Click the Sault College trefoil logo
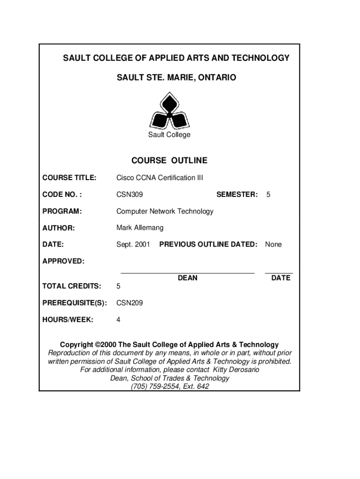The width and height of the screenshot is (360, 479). click(169, 111)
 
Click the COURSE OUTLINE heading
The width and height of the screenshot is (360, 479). click(169, 160)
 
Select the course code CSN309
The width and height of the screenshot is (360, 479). click(130, 194)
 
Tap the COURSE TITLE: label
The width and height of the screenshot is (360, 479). click(69, 178)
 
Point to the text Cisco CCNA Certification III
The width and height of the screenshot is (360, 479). click(159, 178)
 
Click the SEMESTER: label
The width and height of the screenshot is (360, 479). click(237, 194)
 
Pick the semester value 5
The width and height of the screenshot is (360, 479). click(268, 194)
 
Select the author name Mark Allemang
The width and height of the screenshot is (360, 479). click(140, 228)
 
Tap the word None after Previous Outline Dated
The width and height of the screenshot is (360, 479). click(274, 244)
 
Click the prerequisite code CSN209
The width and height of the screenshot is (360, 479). click(130, 303)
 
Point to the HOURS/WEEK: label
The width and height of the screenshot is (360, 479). click(68, 319)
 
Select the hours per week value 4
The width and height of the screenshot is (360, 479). click(118, 319)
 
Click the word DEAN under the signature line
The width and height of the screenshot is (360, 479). click(187, 278)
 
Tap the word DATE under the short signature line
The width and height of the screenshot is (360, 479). click(281, 278)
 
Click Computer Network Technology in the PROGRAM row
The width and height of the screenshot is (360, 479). click(165, 211)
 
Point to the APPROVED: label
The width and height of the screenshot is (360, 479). click(64, 261)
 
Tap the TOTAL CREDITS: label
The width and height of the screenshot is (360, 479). click(72, 286)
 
